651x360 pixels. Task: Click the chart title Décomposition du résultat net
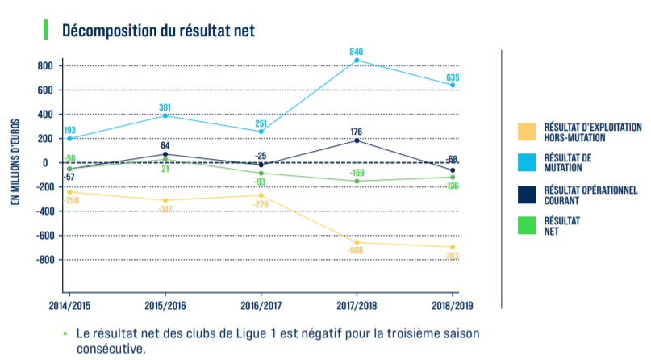[x=159, y=31]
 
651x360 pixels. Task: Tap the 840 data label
[x=356, y=51]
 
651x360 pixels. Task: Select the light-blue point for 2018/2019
[x=453, y=85]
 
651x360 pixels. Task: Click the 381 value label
[x=165, y=107]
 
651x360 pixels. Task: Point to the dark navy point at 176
[x=357, y=141]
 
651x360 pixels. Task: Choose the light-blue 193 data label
[x=69, y=130]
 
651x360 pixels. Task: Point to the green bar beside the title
[x=44, y=30]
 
